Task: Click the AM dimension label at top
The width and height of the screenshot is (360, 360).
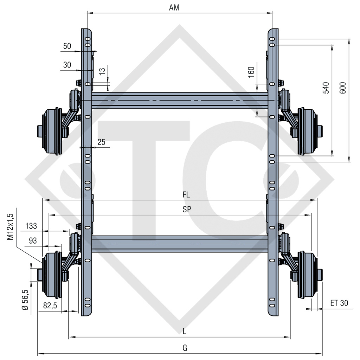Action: [174, 8]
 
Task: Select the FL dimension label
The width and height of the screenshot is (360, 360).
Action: [186, 194]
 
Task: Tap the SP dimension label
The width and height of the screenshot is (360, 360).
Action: [187, 210]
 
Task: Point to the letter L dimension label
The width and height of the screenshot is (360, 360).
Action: [185, 331]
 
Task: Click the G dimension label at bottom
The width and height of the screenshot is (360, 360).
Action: [185, 348]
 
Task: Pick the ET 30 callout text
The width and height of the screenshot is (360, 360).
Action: [339, 303]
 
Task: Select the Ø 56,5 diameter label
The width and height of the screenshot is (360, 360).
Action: [25, 300]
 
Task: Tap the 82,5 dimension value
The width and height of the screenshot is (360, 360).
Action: [50, 306]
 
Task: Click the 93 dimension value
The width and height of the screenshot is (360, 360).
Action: [32, 241]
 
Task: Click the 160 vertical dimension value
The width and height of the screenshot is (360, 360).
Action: [251, 72]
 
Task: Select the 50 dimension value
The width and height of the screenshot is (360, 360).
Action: [67, 46]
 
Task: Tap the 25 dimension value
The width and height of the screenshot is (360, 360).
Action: [101, 142]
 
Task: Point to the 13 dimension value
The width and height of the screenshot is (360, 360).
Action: [102, 71]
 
